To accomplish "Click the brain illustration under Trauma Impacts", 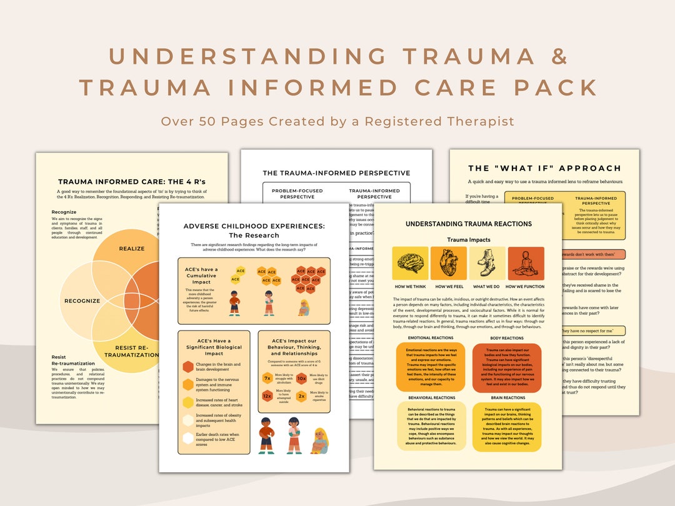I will click(x=410, y=264).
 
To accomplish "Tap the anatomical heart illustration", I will click(x=448, y=264).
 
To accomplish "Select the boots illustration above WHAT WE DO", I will click(x=487, y=264).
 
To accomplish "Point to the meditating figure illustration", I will click(x=526, y=264).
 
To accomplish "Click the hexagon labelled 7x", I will click(x=267, y=379).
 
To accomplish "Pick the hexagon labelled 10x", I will click(x=301, y=379).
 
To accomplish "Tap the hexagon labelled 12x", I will click(x=267, y=396).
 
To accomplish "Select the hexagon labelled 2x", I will click(x=301, y=396).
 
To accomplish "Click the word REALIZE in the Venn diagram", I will click(x=132, y=249).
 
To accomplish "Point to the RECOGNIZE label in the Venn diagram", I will click(x=82, y=301).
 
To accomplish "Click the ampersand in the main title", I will click(x=559, y=56).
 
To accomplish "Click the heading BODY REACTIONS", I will click(x=507, y=338).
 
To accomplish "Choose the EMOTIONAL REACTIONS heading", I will click(x=430, y=338).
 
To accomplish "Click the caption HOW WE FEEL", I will click(x=448, y=286).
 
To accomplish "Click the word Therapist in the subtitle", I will click(x=479, y=121).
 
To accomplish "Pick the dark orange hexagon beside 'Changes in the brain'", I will click(x=188, y=367).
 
